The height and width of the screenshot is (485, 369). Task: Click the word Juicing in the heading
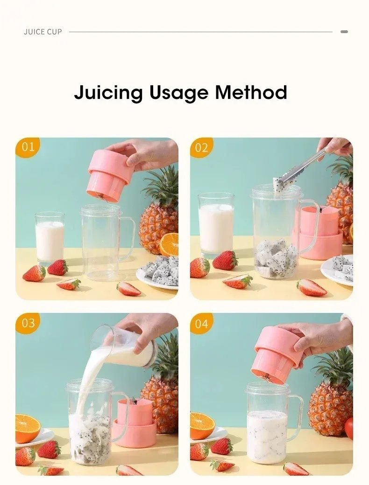(108, 92)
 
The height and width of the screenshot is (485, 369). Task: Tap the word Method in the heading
(251, 92)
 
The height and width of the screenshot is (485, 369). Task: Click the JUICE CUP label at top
(43, 32)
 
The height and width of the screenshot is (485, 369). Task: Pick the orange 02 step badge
(201, 147)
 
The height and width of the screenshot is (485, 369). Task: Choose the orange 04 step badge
(201, 323)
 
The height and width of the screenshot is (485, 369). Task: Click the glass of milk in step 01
(50, 238)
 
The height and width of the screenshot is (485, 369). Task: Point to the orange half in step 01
(169, 244)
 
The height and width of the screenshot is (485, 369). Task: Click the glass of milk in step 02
(216, 224)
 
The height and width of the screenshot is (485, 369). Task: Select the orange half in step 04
(202, 426)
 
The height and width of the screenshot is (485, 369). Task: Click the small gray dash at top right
(344, 32)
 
